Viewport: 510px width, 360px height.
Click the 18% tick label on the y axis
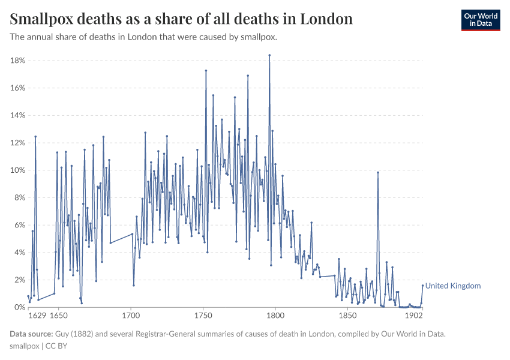17,61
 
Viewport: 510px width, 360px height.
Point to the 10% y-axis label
17,170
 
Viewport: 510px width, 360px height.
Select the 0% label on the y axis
19,307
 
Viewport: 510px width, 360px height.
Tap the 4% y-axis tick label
19,253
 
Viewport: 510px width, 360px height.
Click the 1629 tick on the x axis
37,316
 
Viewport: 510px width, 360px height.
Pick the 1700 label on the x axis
131,316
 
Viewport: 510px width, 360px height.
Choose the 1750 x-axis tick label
203,316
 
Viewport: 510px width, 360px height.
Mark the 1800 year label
275,316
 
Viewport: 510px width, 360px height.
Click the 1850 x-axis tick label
347,316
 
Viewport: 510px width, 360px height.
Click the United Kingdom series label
452,286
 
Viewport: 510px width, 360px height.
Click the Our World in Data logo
480,20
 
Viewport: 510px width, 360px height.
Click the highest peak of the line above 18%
269,55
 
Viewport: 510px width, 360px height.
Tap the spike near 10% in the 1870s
378,173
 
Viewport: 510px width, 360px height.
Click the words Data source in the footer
31,334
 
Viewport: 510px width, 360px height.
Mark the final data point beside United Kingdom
422,286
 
